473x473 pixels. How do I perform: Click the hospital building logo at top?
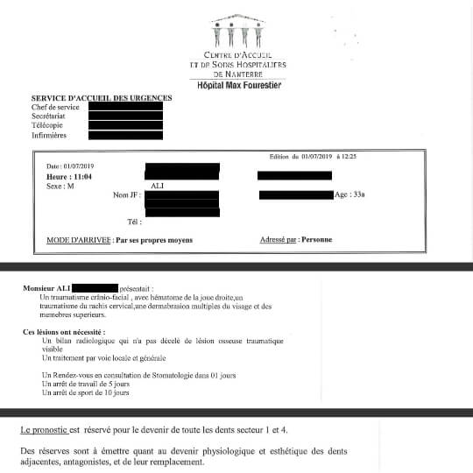(236, 33)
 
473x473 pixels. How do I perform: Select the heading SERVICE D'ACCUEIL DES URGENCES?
(102, 98)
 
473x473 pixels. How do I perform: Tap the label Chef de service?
(55, 107)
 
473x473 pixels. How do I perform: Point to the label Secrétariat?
(51, 116)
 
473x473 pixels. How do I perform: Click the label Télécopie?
(48, 126)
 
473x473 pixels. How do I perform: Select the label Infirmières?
(51, 136)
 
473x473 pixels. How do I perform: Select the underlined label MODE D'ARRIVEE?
(79, 240)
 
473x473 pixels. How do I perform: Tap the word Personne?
(316, 239)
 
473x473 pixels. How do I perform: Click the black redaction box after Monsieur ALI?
(95, 287)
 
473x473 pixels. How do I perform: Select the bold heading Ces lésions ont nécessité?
(64, 332)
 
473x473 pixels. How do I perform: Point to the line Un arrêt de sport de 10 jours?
(86, 392)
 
